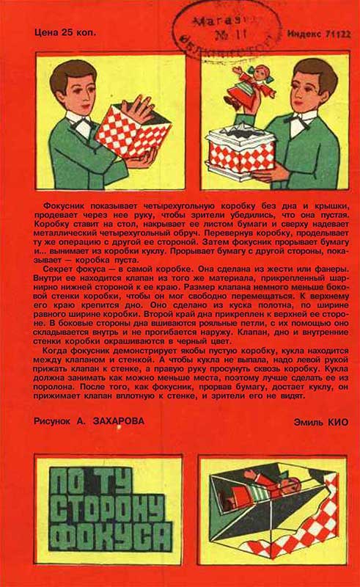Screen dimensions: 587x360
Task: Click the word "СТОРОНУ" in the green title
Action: pos(110,507)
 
